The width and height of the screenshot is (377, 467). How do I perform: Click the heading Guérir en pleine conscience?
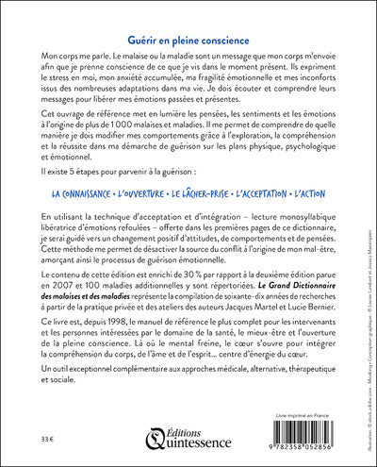(188, 42)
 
